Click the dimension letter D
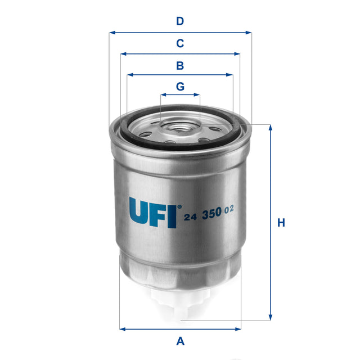tap(180, 22)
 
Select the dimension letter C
tap(180, 43)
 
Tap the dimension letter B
tap(180, 66)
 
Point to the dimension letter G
tap(180, 87)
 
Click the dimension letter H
tap(281, 223)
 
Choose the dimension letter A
tap(181, 340)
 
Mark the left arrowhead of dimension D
tap(111, 33)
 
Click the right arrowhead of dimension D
tap(249, 33)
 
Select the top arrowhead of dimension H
tap(271, 127)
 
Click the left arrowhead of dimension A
tap(122, 328)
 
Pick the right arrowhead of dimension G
tap(198, 95)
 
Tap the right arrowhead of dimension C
tap(238, 55)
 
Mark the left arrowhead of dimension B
tap(129, 74)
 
